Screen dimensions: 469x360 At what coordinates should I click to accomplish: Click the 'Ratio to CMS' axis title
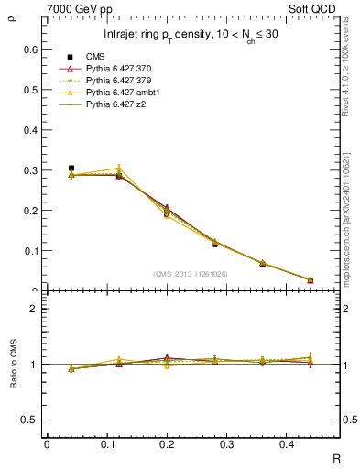click(x=13, y=364)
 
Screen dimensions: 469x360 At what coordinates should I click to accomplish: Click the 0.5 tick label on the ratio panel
click(x=33, y=420)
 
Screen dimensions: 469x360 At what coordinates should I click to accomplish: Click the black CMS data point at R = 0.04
click(x=71, y=169)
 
